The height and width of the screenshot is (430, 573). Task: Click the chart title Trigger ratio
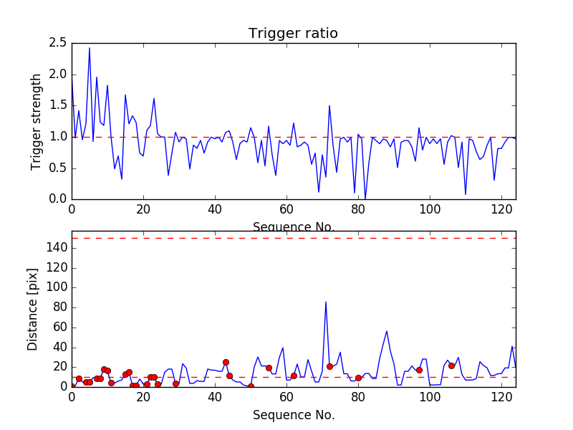(293, 34)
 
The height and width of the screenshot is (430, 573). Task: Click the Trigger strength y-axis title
(37, 121)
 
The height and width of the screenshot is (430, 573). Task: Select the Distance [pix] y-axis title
(33, 309)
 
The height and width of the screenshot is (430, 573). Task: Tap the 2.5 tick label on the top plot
(59, 43)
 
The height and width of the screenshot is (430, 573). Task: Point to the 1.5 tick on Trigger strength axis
(59, 105)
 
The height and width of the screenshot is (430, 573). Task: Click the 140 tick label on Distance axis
(56, 247)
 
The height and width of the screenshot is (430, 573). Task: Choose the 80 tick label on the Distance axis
(59, 307)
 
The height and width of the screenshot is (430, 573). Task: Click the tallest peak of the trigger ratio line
(90, 48)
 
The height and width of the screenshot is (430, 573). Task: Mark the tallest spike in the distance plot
(326, 302)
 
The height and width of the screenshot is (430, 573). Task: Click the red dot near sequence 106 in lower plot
(451, 365)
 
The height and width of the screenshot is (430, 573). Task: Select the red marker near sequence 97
(419, 370)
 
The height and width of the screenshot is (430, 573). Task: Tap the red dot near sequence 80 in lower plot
(358, 378)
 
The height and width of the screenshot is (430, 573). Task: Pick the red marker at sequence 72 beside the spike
(329, 366)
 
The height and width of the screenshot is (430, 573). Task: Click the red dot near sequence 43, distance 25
(226, 362)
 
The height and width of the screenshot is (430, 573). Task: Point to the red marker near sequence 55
(269, 368)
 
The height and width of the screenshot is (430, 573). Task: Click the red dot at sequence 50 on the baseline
(251, 386)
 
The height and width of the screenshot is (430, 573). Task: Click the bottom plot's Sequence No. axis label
(294, 415)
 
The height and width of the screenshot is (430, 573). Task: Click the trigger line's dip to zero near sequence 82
(365, 199)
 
